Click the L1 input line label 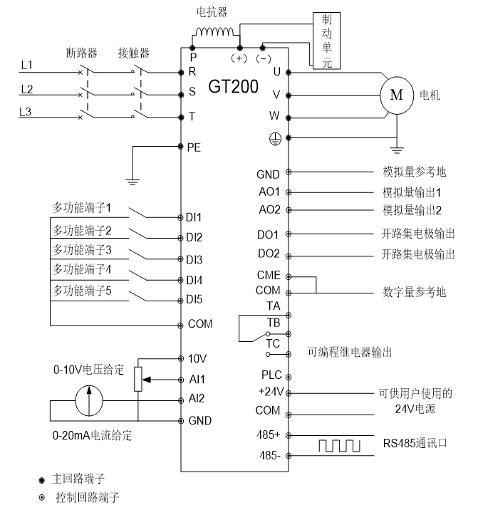[26, 65]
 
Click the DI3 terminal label [194, 259]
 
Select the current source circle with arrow [88, 400]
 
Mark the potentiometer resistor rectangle [138, 379]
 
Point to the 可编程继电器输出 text [350, 352]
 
